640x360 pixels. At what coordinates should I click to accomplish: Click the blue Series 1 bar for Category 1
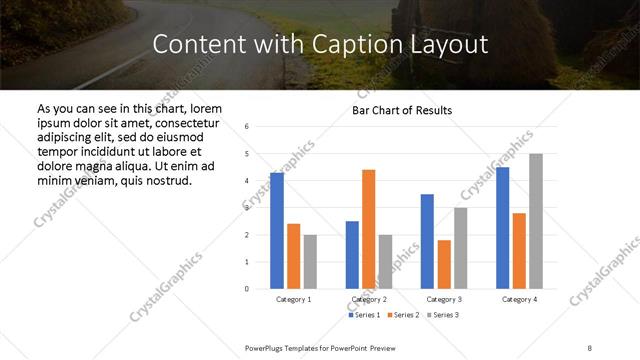tap(277, 231)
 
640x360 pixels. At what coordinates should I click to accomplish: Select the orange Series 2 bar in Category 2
tap(368, 229)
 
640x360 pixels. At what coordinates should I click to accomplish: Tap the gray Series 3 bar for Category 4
tap(536, 221)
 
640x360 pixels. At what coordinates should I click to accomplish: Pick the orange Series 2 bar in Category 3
tap(444, 264)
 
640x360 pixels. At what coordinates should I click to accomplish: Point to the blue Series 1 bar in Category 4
tap(502, 228)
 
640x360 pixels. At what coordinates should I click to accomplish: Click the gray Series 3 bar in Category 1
tap(310, 262)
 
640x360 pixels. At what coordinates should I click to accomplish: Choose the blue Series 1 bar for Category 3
tap(427, 241)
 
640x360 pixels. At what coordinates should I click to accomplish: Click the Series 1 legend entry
tap(365, 316)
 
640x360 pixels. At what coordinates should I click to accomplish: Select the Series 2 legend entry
tap(403, 316)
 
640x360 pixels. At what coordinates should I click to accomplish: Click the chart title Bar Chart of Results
tap(402, 110)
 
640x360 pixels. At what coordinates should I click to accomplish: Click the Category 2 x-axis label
tap(369, 299)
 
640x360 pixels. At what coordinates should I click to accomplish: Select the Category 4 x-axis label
tap(519, 299)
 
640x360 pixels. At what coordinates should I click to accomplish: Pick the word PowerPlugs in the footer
tap(266, 347)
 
